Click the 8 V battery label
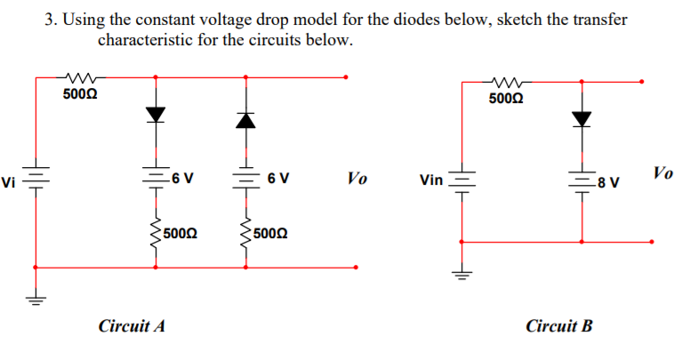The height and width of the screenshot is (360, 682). click(609, 183)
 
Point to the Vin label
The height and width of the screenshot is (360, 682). click(431, 180)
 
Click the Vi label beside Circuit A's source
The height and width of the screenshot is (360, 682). click(9, 183)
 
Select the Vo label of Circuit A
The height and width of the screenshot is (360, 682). click(356, 179)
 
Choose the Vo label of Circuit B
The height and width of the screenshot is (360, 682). click(662, 172)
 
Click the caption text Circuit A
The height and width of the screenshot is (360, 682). click(132, 326)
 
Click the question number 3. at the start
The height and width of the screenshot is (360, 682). click(50, 20)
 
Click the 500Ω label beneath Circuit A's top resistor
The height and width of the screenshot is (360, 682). click(80, 92)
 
